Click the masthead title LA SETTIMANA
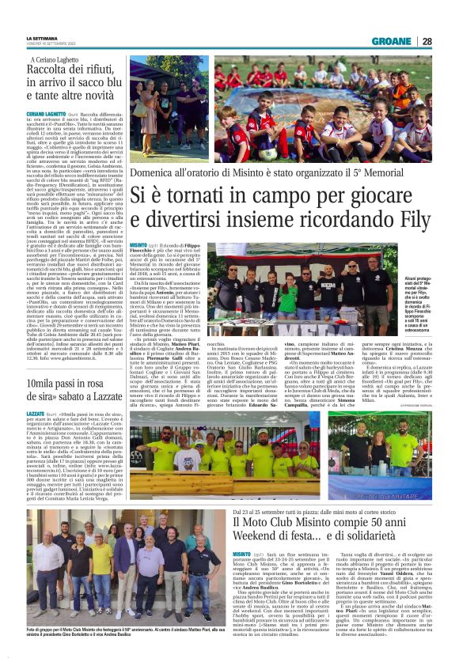[43, 39]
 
